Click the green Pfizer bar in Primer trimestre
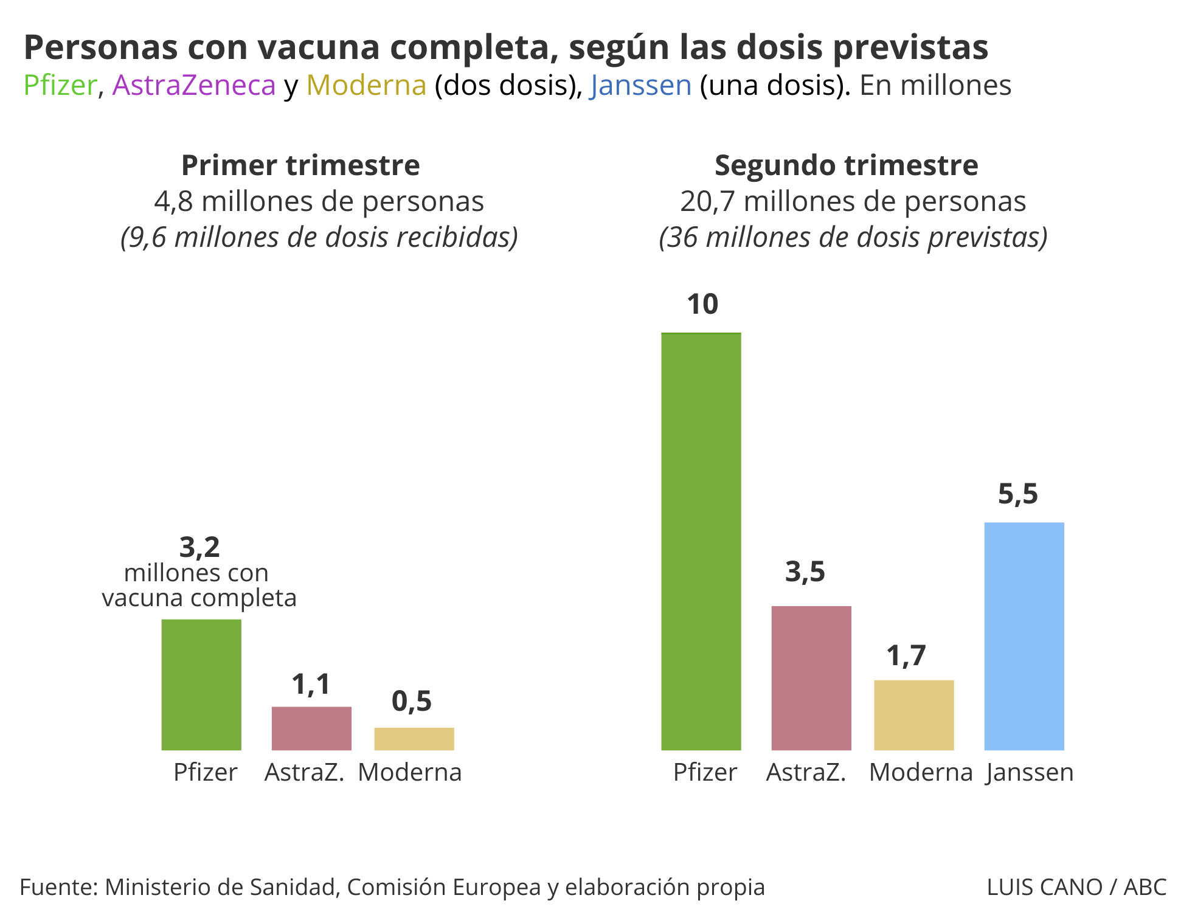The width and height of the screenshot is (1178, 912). pyautogui.click(x=201, y=685)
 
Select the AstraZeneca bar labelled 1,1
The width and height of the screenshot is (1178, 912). pyautogui.click(x=311, y=728)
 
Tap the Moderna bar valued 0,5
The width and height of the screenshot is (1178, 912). pyautogui.click(x=414, y=739)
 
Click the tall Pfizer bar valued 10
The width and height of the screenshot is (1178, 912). pyautogui.click(x=701, y=541)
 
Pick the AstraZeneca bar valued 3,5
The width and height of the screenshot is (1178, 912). pyautogui.click(x=811, y=678)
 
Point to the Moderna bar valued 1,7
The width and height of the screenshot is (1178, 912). pyautogui.click(x=914, y=715)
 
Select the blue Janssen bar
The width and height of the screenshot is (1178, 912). pyautogui.click(x=1024, y=636)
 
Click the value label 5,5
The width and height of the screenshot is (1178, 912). pyautogui.click(x=1017, y=494)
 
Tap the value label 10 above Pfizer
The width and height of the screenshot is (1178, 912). pyautogui.click(x=702, y=304)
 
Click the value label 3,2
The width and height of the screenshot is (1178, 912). pyautogui.click(x=199, y=547)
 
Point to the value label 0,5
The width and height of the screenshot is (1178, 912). pyautogui.click(x=412, y=701)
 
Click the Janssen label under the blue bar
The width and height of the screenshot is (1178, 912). pyautogui.click(x=1030, y=773)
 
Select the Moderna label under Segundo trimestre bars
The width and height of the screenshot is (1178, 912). pyautogui.click(x=921, y=773)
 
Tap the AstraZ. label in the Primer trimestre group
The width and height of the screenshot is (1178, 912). pyautogui.click(x=305, y=773)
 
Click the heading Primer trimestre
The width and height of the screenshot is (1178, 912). pyautogui.click(x=300, y=165)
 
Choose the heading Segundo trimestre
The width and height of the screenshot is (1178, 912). pyautogui.click(x=846, y=165)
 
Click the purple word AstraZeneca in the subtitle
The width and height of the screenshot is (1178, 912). pyautogui.click(x=194, y=85)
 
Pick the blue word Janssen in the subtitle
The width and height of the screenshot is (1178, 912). pyautogui.click(x=640, y=85)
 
